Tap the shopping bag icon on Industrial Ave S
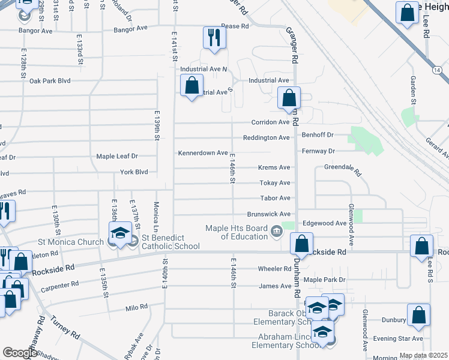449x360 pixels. (191, 85)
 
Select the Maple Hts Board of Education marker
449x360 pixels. (276, 230)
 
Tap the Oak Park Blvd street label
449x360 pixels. (50, 80)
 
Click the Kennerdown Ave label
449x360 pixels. (203, 153)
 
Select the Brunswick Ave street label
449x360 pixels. (269, 214)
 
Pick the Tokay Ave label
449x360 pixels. (275, 183)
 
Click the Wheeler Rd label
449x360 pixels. (274, 268)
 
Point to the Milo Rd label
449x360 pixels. (136, 307)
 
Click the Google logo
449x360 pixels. (20, 353)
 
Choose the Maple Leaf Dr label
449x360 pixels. (117, 156)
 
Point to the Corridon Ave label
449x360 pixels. (274, 122)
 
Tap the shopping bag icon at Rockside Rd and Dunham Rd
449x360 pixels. (301, 244)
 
